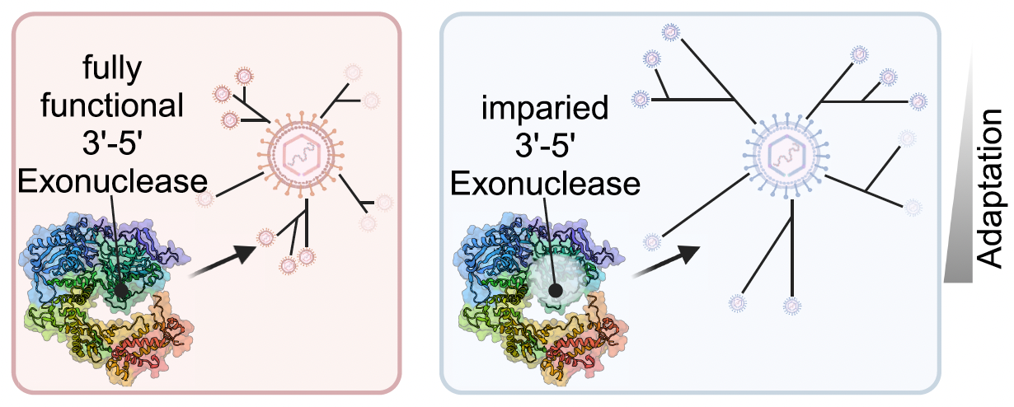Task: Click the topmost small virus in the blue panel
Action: point(671,31)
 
